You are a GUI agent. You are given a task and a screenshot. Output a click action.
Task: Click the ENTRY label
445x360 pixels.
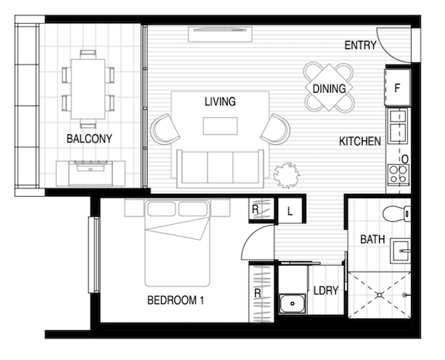click(x=360, y=45)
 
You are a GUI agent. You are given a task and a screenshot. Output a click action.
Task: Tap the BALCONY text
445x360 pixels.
click(x=89, y=139)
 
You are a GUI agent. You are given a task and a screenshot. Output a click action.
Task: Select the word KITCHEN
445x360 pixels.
click(x=360, y=141)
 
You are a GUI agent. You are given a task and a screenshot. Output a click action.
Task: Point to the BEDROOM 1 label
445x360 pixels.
click(x=176, y=301)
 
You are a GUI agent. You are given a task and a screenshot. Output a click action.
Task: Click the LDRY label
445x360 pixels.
click(x=326, y=290)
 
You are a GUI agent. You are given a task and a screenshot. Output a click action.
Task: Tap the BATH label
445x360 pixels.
click(x=372, y=239)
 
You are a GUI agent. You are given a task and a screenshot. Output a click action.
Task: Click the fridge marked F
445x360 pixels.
click(x=398, y=88)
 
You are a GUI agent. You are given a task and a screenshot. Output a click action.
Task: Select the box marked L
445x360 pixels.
click(x=290, y=211)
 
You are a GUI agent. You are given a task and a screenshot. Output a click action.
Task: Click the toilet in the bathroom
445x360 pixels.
click(x=397, y=213)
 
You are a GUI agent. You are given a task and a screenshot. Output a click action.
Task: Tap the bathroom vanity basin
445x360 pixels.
click(x=400, y=251)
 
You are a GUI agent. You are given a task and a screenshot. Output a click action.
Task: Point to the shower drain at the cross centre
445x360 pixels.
click(x=380, y=295)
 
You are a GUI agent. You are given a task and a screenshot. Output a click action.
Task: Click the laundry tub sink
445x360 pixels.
click(x=292, y=304)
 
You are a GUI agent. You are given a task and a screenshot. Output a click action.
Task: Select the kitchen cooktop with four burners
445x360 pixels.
click(x=398, y=174)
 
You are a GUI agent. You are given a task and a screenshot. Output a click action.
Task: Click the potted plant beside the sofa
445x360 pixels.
click(x=286, y=175)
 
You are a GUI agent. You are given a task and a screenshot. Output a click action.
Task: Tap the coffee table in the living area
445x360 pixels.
click(x=220, y=126)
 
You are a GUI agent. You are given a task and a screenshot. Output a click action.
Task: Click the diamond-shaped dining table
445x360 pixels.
click(x=329, y=88)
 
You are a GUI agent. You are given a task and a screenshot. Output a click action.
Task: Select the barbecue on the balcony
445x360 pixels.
click(x=90, y=174)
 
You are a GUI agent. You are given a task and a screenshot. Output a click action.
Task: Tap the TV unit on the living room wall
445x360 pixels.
click(x=220, y=34)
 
